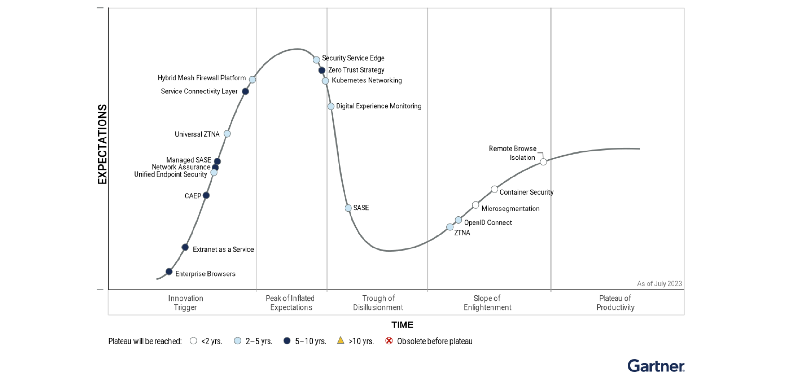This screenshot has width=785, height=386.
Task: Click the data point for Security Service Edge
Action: point(316,60)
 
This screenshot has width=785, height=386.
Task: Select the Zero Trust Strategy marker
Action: point(321,70)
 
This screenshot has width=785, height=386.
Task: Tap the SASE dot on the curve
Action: point(348,208)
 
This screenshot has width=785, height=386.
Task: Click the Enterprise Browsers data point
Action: point(169,272)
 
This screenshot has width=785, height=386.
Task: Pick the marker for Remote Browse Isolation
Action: point(543,162)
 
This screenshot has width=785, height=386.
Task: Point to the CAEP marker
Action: point(206,195)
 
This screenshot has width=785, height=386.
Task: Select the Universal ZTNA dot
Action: point(227,134)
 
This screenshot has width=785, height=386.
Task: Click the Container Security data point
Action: point(494,189)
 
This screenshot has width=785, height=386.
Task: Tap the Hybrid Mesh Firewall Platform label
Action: point(202,78)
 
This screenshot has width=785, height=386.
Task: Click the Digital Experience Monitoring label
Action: point(378,106)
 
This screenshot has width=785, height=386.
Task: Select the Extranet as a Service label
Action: point(223,249)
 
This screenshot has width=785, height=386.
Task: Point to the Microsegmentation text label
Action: point(510,209)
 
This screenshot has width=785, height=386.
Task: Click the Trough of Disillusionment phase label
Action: point(378,303)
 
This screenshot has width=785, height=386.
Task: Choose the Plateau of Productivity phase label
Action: point(615,303)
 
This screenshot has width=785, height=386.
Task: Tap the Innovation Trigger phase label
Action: point(186,303)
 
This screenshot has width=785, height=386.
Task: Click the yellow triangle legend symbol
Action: point(340,340)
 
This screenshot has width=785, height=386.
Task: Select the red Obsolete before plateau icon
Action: point(389,341)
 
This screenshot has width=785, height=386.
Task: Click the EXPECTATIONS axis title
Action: point(102,144)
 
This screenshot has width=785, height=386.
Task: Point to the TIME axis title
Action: point(402,325)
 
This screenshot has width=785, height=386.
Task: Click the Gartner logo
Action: point(656,366)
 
